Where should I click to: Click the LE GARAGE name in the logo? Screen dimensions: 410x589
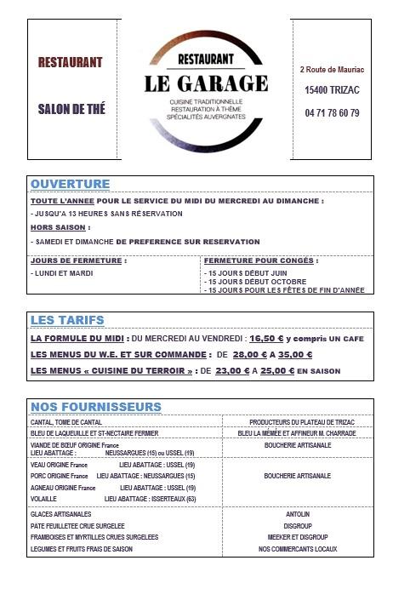point(206,83)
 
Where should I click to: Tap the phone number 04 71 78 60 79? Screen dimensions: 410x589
point(332,113)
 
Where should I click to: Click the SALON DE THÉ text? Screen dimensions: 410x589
point(71,109)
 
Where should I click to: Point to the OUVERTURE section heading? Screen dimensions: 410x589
point(70,184)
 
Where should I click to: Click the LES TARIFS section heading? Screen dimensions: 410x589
point(67,320)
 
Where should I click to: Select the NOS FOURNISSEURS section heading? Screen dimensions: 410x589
point(95,406)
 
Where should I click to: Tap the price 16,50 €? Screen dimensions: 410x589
point(266,339)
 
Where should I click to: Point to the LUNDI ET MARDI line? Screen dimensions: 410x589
point(62,274)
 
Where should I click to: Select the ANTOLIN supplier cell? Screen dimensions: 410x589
point(298,514)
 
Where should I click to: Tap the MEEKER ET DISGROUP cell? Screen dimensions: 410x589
point(298,537)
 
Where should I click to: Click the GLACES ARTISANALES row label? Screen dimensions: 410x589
point(60,514)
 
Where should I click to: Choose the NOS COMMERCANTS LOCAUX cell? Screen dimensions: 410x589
point(298,549)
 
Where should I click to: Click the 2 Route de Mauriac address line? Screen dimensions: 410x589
point(333,69)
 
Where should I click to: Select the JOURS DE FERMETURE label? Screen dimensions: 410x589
point(77,260)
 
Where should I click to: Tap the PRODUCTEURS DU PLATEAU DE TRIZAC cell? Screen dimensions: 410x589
point(298,421)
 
